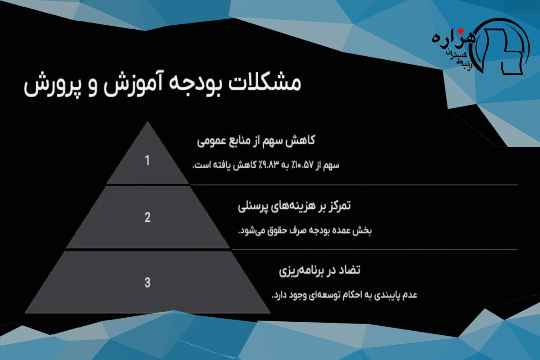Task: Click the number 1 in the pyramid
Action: point(147,160)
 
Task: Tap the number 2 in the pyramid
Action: point(148,217)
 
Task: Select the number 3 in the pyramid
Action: point(148,282)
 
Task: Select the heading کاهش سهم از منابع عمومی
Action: point(256,140)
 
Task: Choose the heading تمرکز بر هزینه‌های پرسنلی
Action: point(294,206)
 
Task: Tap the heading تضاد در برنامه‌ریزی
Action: point(319,270)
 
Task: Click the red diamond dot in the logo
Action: point(461,31)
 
